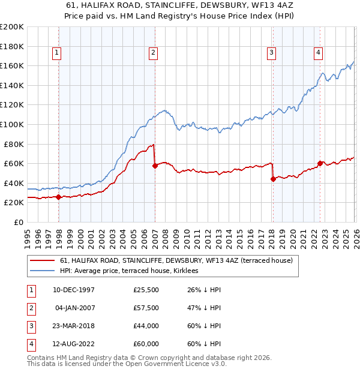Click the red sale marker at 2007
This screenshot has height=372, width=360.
155,166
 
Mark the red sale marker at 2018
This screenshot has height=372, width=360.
273,179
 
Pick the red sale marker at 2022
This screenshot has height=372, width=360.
320,163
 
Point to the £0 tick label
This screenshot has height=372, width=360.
18,222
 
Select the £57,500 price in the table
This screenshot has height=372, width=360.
146,308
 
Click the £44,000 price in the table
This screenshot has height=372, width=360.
146,326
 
